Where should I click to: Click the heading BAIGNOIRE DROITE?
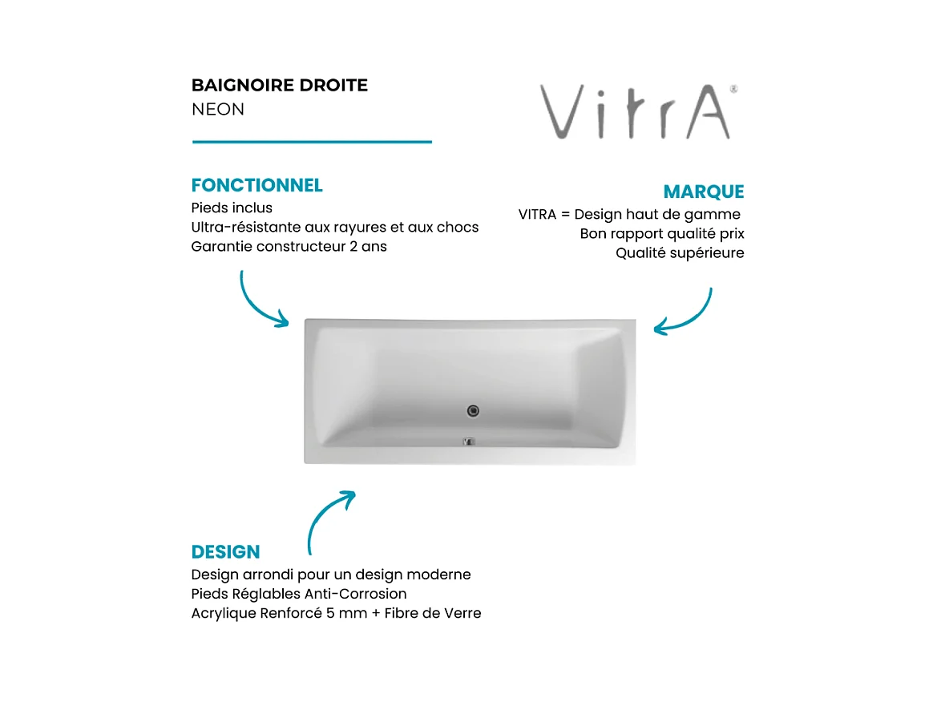pos(280,86)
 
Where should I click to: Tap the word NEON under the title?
pos(218,109)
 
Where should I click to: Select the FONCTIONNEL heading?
pos(256,185)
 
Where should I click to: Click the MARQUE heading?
pos(703,192)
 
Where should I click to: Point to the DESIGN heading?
pos(225,552)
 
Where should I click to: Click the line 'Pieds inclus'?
pos(232,208)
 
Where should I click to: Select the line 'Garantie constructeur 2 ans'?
pos(289,247)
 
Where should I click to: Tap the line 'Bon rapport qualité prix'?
pos(662,234)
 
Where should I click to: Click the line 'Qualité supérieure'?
pos(680,253)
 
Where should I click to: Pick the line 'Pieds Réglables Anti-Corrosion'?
pos(299,594)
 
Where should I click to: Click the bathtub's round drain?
pos(473,411)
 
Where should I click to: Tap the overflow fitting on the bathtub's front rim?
pos(470,441)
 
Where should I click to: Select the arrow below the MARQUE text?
pos(686,314)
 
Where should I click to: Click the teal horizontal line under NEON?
pos(312,142)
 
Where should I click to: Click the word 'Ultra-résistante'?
pos(242,227)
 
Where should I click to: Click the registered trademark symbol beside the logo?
pos(733,90)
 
